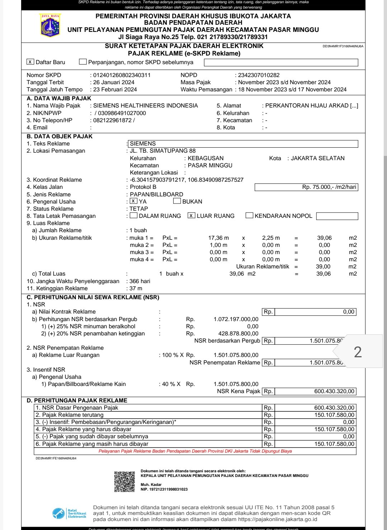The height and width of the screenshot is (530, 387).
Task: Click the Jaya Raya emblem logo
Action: tap(50, 25)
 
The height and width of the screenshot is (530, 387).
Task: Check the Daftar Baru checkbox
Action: tap(30, 62)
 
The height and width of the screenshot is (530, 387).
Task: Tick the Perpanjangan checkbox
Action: tap(83, 62)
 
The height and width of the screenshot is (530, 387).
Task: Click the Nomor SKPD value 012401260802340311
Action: tap(122, 75)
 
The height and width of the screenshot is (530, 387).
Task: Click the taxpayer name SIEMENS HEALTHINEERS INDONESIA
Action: tap(146, 106)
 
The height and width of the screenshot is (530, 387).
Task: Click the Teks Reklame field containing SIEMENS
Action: tap(244, 144)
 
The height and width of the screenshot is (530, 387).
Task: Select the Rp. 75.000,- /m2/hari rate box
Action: tap(306, 187)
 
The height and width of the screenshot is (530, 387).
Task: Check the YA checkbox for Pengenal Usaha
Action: tap(133, 201)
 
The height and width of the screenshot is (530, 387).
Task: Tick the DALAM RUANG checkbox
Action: tap(133, 216)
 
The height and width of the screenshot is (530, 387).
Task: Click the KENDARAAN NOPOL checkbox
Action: tap(249, 216)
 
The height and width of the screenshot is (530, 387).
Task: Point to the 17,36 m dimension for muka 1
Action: tap(218, 238)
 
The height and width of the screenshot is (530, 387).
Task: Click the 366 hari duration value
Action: tap(140, 281)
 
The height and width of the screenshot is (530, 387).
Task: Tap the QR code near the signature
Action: tap(124, 482)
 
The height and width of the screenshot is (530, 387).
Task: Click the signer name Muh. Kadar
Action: tap(151, 484)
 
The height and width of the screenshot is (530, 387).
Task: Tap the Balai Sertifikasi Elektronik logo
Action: tap(69, 514)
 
